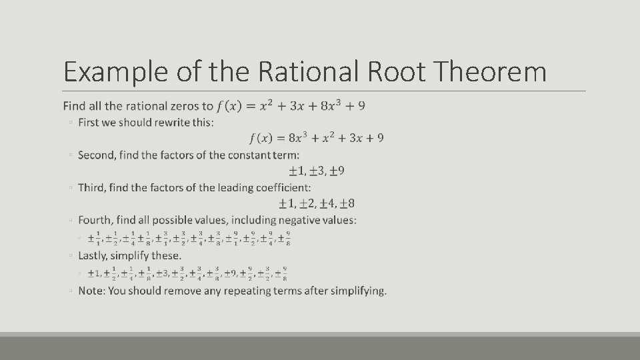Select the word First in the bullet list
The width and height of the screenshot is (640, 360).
tap(89, 122)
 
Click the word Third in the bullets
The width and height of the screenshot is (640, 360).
tap(91, 187)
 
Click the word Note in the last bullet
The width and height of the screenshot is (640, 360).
tap(91, 291)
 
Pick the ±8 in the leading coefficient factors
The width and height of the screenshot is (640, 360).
tap(347, 203)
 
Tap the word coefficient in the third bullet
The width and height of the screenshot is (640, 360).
tap(283, 187)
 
